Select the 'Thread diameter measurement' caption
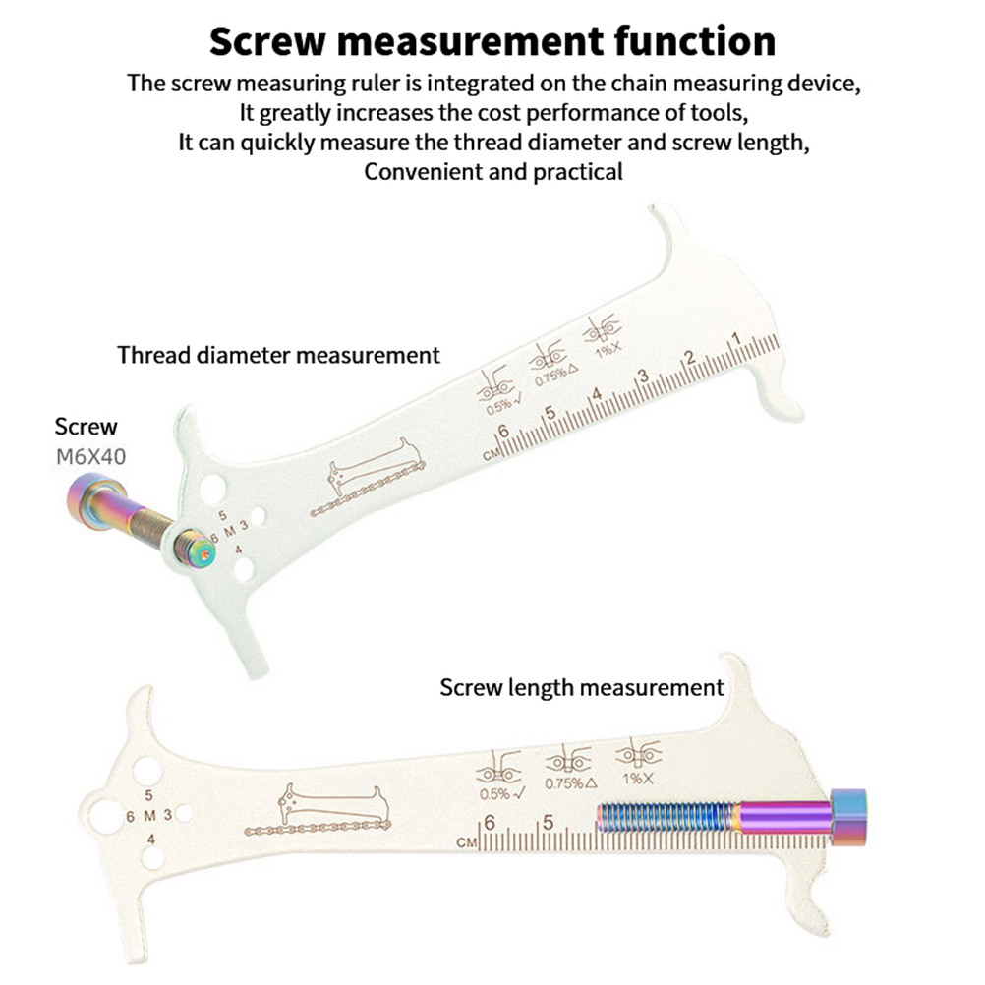coord(279,355)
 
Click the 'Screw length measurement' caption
coord(582,687)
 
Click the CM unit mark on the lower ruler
coord(467,843)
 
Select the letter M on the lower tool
coord(150,815)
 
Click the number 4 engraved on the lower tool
coord(149,839)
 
